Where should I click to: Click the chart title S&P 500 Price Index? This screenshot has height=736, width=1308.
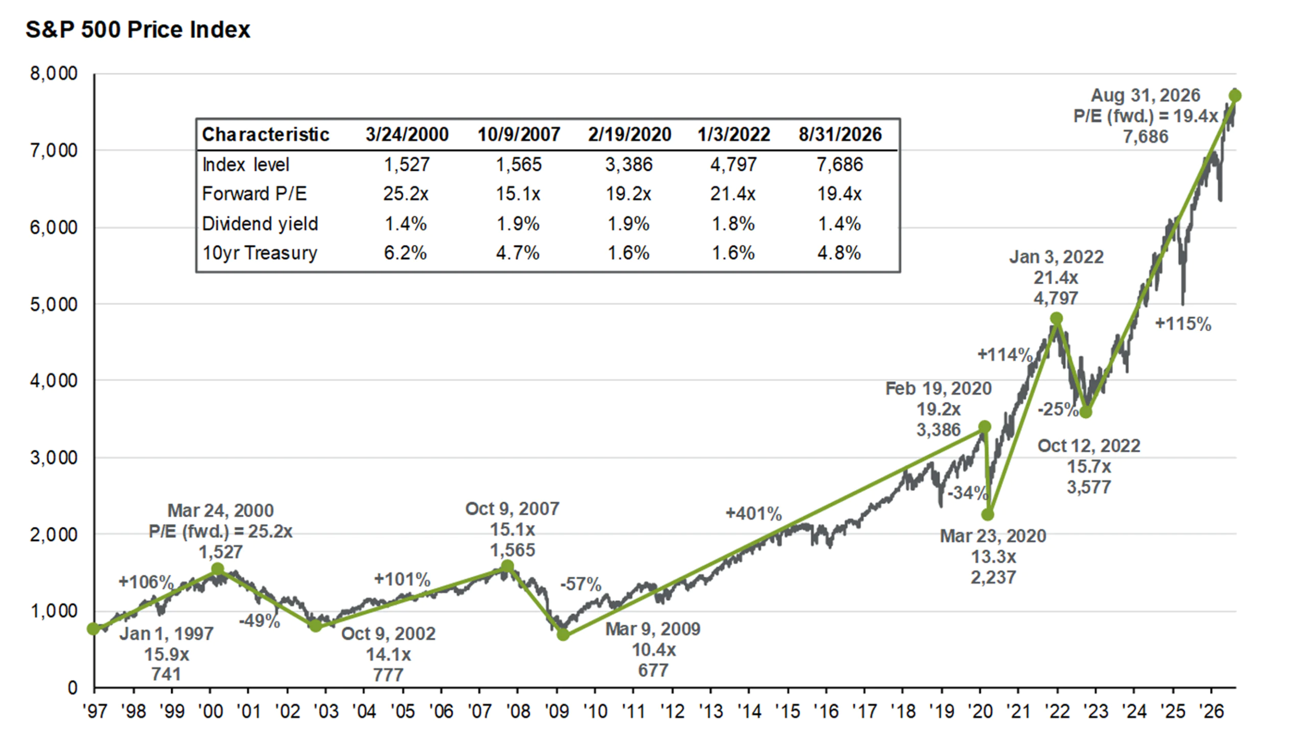coord(138,30)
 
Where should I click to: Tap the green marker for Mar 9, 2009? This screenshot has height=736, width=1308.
coord(563,635)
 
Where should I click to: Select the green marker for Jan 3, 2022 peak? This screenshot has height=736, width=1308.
coord(1056,318)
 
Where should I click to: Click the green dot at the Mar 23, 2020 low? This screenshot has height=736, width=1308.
coord(988,515)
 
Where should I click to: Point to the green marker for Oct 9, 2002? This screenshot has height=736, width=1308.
coord(316,626)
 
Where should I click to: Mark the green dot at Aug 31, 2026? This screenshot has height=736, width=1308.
coord(1235,96)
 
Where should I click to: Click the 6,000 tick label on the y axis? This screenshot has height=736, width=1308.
coord(54,227)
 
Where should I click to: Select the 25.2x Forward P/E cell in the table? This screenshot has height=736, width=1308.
coord(406,194)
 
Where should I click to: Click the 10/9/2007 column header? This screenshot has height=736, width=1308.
coord(519,134)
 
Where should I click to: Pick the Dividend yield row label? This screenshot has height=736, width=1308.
coord(260,224)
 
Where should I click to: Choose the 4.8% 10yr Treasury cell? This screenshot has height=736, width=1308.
coord(839,253)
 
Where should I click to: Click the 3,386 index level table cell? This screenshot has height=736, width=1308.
coord(629,165)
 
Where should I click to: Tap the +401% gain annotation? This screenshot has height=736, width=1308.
coord(754,514)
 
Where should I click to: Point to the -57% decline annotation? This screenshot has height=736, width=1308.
coord(581,584)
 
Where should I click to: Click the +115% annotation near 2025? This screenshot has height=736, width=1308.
coord(1183,324)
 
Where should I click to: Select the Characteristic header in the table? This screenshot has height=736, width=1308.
coord(266,134)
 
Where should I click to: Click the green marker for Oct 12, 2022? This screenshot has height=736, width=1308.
coord(1086,412)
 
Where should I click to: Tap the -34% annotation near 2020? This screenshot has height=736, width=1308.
coord(967,493)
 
